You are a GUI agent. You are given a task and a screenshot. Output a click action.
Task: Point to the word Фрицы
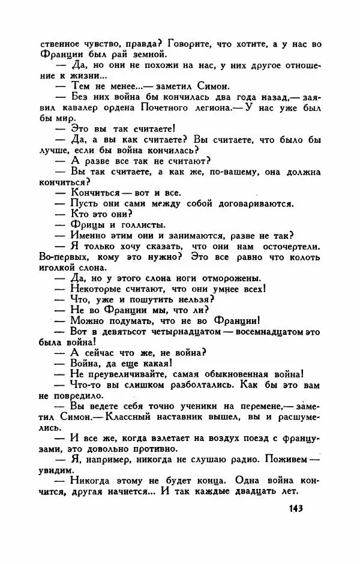(x=86, y=224)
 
